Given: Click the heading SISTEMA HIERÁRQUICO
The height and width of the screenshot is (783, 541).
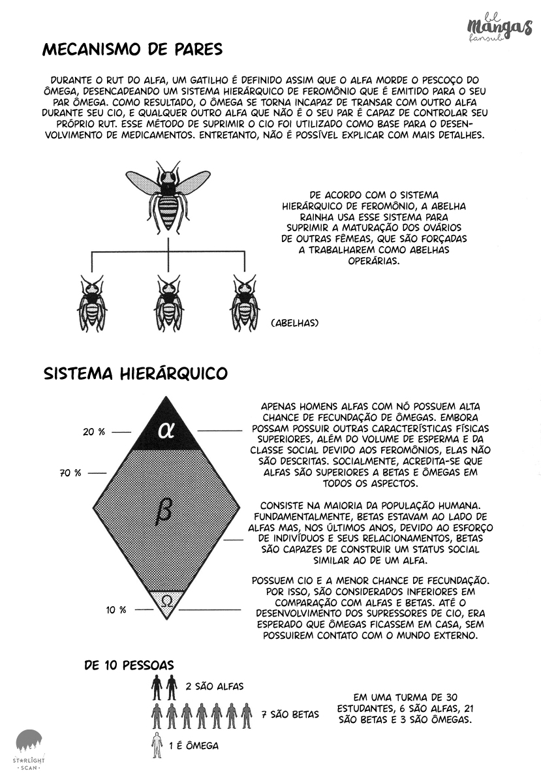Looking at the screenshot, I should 135,373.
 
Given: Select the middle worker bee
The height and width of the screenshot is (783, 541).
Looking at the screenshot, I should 169,303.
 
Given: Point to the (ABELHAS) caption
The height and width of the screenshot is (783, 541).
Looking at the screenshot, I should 294,322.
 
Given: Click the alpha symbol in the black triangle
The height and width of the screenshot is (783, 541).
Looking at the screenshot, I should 166,431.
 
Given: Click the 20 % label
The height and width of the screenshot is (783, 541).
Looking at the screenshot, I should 93,432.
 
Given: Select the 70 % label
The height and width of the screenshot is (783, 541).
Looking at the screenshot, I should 70,473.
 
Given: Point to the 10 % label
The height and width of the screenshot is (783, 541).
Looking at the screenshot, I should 116,610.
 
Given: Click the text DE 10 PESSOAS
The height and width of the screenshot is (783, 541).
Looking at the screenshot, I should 129,666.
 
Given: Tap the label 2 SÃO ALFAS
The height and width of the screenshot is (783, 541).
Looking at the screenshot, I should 215,686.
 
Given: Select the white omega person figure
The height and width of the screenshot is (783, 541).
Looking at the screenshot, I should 157,746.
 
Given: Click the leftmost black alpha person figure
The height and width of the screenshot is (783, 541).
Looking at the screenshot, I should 157,687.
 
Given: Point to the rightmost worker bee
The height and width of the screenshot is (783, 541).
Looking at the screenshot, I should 245,303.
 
